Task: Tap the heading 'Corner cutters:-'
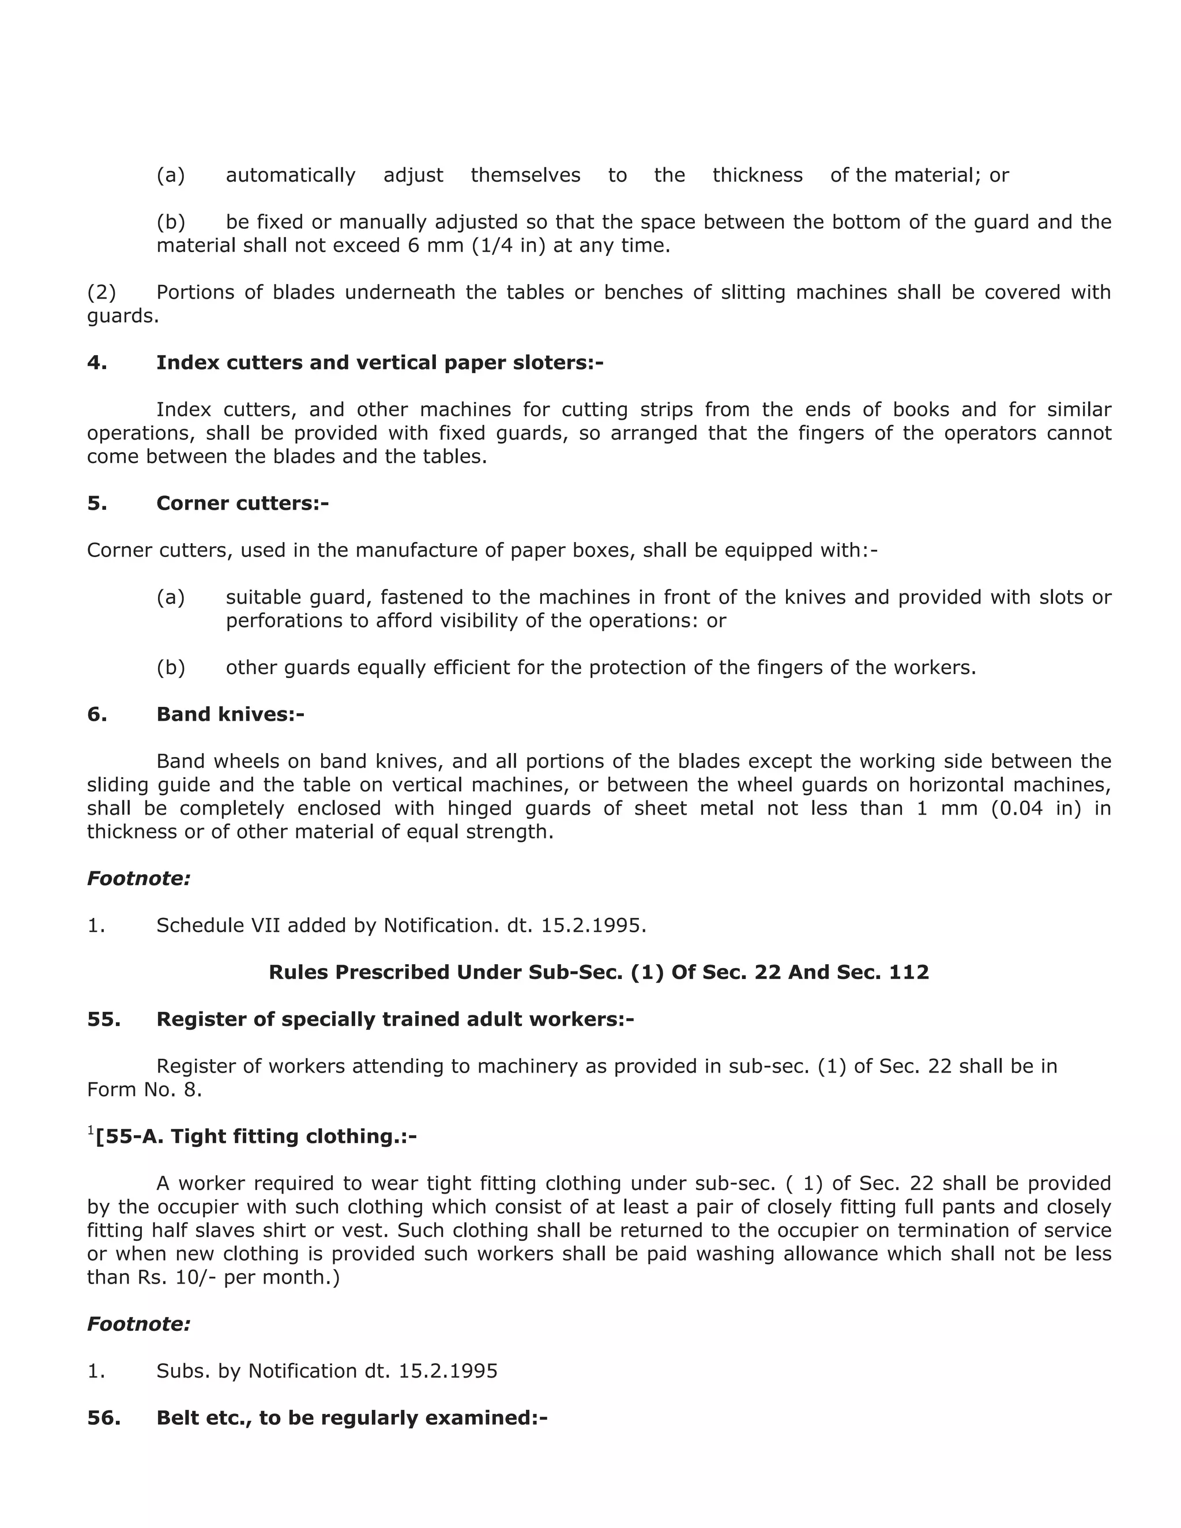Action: (242, 503)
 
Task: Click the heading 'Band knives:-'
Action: (230, 714)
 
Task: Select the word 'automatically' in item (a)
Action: (291, 175)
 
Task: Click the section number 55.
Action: (104, 1019)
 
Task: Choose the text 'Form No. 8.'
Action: (144, 1089)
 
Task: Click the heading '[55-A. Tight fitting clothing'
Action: (256, 1136)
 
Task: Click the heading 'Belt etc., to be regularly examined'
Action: (351, 1417)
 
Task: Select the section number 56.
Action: (104, 1417)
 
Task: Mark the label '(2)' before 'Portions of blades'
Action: (101, 292)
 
